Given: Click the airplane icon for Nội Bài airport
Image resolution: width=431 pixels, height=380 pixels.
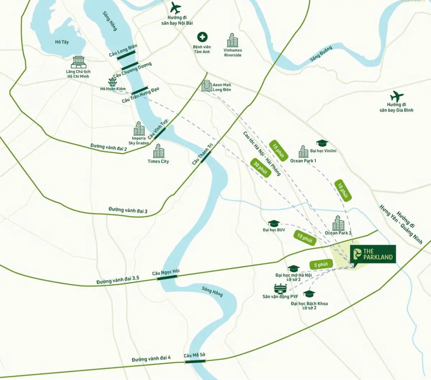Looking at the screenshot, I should (176, 8).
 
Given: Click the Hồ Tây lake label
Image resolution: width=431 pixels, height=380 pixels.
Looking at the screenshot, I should (62, 42).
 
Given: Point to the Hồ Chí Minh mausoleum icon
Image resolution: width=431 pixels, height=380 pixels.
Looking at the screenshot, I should (79, 62).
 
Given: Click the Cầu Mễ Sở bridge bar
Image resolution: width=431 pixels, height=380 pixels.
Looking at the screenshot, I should (195, 362).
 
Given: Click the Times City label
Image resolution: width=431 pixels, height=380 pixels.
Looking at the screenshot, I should (158, 161).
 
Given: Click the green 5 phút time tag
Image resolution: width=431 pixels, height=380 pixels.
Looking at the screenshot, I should (321, 265).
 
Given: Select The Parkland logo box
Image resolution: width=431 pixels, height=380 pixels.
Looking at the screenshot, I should (373, 254).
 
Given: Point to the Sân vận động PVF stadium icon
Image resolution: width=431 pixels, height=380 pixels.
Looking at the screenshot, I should (281, 289).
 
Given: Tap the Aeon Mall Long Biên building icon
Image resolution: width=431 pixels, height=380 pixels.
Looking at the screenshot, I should (207, 86).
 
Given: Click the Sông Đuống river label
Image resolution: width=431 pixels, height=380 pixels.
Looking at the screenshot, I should (321, 54).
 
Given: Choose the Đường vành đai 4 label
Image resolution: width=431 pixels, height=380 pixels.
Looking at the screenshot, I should (151, 358).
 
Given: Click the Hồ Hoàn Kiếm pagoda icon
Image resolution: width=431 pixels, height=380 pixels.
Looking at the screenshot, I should (112, 82).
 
